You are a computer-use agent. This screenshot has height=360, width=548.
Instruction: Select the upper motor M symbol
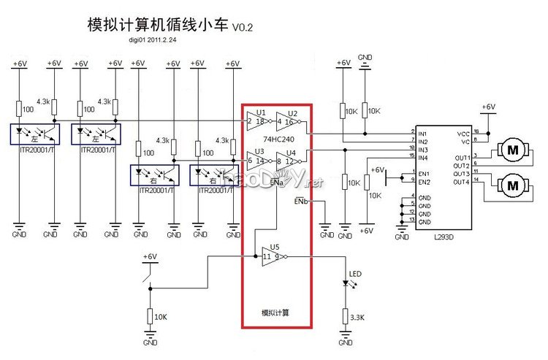pyautogui.click(x=512, y=150)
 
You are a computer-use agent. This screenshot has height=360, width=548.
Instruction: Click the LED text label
pyautogui.click(x=355, y=275)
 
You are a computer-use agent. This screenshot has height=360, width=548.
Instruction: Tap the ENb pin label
pyautogui.click(x=301, y=199)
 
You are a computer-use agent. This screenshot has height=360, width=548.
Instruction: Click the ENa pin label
pyautogui.click(x=276, y=182)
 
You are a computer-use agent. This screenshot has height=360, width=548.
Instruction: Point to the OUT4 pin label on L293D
pyautogui.click(x=461, y=182)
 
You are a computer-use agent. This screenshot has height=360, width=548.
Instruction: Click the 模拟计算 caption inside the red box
pyautogui.click(x=275, y=313)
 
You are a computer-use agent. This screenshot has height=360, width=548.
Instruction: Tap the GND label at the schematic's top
pyautogui.click(x=366, y=56)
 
